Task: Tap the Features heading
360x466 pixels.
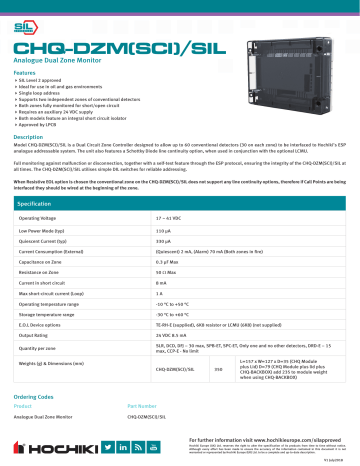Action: (25, 74)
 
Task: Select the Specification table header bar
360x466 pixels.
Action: (180, 203)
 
